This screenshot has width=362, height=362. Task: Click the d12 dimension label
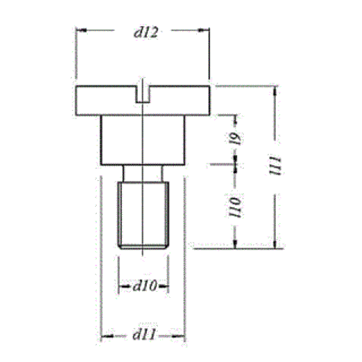click(146, 33)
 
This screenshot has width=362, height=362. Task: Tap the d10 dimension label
click(144, 286)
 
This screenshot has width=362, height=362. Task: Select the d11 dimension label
click(143, 334)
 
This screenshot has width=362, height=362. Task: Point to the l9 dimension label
click(235, 138)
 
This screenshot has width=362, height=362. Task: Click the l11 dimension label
click(275, 166)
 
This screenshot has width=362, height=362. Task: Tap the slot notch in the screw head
click(143, 94)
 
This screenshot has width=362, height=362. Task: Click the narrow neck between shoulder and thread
click(143, 174)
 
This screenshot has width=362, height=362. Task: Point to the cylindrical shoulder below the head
click(143, 140)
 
